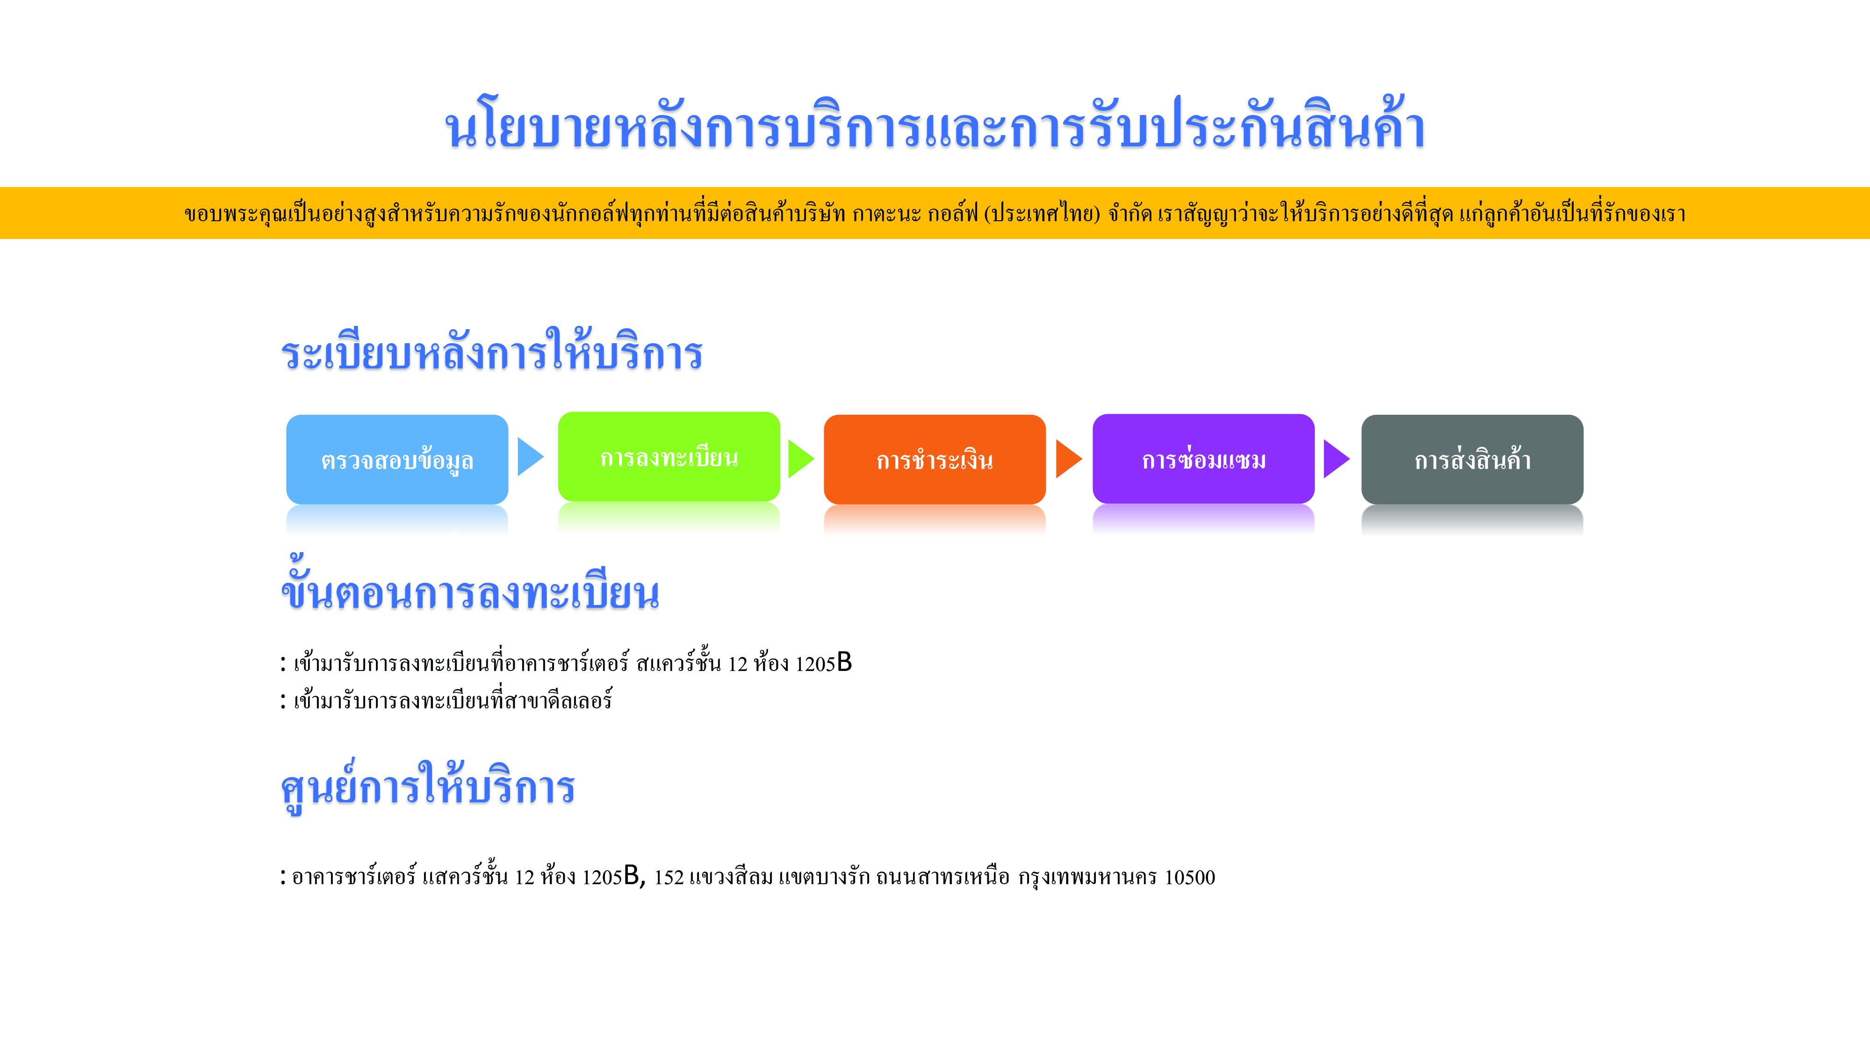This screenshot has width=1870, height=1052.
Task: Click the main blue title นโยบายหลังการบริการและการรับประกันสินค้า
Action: (x=935, y=125)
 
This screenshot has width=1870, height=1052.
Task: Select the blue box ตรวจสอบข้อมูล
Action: (x=397, y=459)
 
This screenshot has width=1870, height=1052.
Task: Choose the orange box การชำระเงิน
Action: (x=934, y=459)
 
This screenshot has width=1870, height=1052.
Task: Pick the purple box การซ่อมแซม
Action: (x=1204, y=459)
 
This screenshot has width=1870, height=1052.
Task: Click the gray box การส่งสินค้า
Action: (x=1472, y=459)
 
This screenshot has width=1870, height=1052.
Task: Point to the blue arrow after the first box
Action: (x=530, y=457)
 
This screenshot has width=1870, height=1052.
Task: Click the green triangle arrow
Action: (x=801, y=459)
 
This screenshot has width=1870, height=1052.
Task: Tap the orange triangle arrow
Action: (x=1069, y=459)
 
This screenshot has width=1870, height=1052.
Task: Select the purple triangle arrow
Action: (x=1337, y=459)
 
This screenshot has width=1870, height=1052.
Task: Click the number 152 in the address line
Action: (x=669, y=877)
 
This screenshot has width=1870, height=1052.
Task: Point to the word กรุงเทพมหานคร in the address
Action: (x=1087, y=877)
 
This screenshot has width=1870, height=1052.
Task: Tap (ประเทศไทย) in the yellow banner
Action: (x=1042, y=214)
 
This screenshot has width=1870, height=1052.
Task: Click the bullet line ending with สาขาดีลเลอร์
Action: (x=446, y=700)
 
